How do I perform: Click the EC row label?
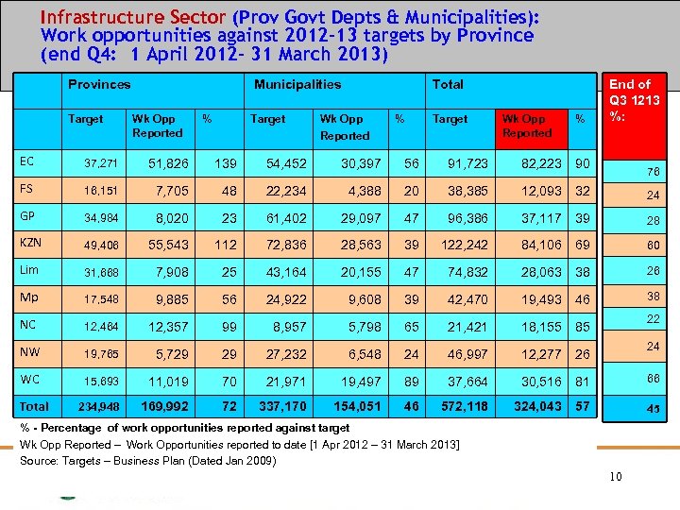click(26, 161)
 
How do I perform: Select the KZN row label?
click(31, 242)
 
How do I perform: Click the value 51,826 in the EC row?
click(169, 164)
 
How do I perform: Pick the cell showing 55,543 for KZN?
click(169, 246)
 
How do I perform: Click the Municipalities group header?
click(297, 84)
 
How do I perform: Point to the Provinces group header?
click(99, 84)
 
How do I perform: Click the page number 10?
click(615, 477)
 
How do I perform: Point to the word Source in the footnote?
click(41, 460)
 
